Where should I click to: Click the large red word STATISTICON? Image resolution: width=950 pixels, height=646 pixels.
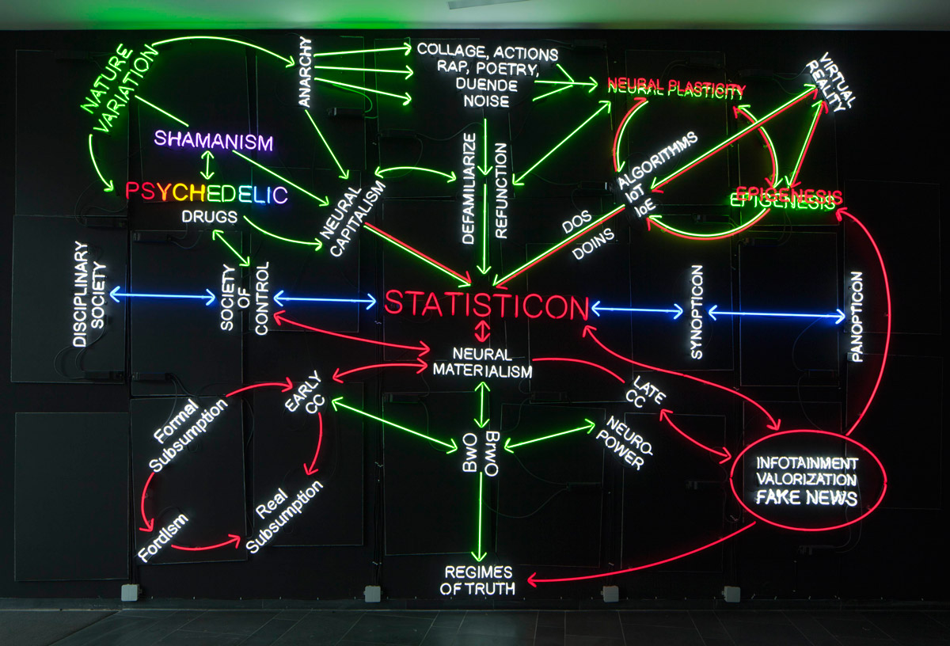pos(486,305)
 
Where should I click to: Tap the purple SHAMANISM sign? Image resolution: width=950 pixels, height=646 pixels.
pos(213,140)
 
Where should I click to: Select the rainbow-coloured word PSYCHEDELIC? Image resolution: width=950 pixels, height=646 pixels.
pos(207,193)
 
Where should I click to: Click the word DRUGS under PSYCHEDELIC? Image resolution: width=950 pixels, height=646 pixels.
pos(210,217)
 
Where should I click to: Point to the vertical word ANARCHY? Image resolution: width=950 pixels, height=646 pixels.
pos(305,71)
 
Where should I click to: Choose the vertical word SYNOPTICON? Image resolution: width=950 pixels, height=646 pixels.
pos(697,312)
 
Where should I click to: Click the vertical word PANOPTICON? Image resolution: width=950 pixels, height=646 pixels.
pos(857,317)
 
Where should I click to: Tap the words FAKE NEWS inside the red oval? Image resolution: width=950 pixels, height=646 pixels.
pos(807,497)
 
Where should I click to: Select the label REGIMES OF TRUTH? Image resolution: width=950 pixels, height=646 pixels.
pos(478,580)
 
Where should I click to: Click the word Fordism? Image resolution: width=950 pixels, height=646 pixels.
pos(163,538)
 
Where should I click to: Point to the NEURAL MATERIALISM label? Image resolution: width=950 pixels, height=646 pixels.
pos(482,363)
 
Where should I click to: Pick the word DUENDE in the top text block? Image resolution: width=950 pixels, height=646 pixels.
pos(486,85)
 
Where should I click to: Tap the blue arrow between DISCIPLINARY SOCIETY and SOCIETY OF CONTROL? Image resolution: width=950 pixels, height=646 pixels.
pos(163,295)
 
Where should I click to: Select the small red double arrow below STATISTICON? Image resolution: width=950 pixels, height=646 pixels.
pos(482,331)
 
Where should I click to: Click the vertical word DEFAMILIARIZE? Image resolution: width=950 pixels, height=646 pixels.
pos(468,188)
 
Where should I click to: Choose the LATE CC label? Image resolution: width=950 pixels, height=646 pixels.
pos(645,393)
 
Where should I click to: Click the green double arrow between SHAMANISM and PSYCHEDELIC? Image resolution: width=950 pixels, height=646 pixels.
pos(207,165)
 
